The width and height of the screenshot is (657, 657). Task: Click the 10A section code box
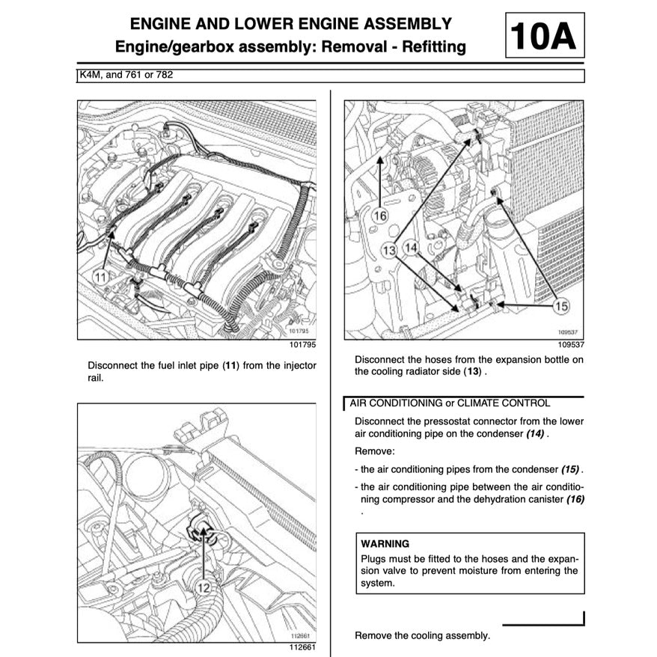pyautogui.click(x=545, y=36)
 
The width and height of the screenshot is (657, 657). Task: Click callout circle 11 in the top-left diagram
pyautogui.click(x=102, y=277)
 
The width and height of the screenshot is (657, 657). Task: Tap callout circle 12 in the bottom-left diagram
pyautogui.click(x=204, y=587)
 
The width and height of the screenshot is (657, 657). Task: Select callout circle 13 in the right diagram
pyautogui.click(x=389, y=251)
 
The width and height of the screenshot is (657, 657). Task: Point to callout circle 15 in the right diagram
pyautogui.click(x=562, y=305)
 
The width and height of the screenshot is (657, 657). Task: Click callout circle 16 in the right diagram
pyautogui.click(x=381, y=216)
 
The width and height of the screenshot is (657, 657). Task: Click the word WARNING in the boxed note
pyautogui.click(x=385, y=543)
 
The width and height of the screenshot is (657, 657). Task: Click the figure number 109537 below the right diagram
pyautogui.click(x=570, y=346)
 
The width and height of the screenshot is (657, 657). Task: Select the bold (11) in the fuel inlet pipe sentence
pyautogui.click(x=233, y=366)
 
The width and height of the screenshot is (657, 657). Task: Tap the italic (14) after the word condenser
pyautogui.click(x=534, y=434)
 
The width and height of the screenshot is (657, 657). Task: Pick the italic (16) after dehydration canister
pyautogui.click(x=575, y=498)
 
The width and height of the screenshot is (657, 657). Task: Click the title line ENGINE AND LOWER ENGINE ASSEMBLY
pyautogui.click(x=290, y=24)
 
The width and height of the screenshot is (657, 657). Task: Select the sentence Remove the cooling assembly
pyautogui.click(x=422, y=635)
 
